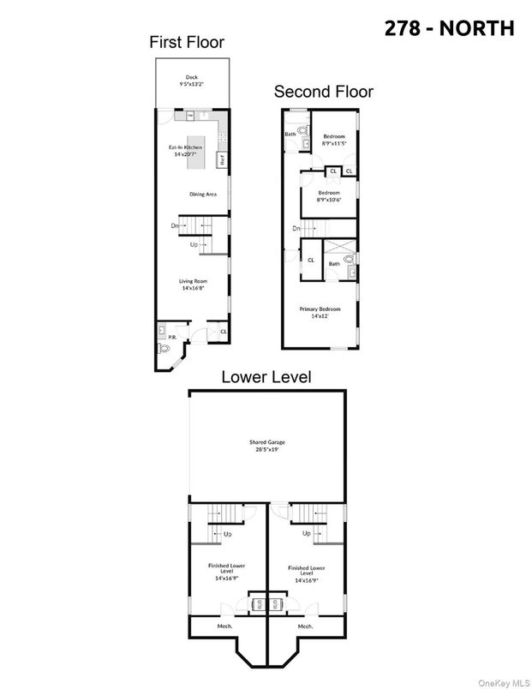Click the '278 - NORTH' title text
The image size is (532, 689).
point(448,27)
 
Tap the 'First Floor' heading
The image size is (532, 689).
point(187,41)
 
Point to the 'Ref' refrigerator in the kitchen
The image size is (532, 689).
point(221,159)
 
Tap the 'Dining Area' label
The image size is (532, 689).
point(203,195)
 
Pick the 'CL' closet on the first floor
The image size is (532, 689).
point(223,331)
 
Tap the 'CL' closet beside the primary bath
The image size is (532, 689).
point(310,260)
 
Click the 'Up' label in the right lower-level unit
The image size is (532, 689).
point(306,534)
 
